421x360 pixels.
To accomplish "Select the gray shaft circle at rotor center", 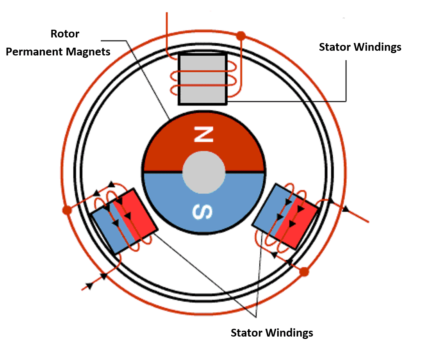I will (203, 172).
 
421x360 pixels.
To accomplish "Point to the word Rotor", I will (65, 34).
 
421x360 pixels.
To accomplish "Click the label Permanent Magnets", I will (58, 52).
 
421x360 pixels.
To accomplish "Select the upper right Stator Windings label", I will (360, 47).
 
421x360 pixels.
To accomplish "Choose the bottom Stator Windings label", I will (272, 333).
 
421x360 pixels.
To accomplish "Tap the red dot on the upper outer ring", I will (241, 36).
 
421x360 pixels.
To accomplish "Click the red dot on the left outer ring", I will (66, 210).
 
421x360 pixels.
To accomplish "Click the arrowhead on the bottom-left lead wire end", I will (89, 285).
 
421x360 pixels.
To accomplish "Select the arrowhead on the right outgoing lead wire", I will (345, 210).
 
